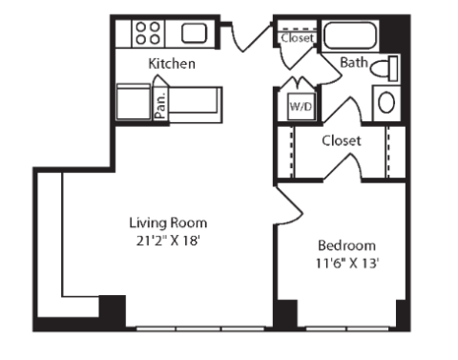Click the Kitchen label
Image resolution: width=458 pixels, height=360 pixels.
click(172, 64)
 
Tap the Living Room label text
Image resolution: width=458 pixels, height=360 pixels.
click(168, 222)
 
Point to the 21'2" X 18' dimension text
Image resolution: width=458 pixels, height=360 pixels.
click(168, 241)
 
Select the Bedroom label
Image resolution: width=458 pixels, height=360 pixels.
click(346, 245)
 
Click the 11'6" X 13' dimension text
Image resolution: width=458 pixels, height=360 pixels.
click(346, 264)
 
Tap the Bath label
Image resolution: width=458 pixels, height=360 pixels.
click(354, 62)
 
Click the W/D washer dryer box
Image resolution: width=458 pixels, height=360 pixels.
click(301, 107)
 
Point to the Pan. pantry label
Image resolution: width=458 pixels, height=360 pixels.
click(161, 105)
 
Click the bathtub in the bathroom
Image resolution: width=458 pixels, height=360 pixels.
click(350, 35)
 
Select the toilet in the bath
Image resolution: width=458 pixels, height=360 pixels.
click(385, 68)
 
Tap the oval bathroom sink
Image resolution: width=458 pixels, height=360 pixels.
click(386, 102)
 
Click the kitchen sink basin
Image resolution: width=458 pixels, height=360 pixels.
click(194, 33)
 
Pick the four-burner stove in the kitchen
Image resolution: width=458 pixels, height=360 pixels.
click(148, 33)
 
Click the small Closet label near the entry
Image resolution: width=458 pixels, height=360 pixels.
click(297, 38)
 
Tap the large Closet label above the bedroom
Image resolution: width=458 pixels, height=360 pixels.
click(342, 140)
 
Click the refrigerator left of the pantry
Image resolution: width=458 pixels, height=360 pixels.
click(134, 102)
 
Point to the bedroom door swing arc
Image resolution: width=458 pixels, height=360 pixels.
click(289, 206)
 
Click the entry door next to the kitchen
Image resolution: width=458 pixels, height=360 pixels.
click(251, 37)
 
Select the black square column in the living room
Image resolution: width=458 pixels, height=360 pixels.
click(113, 310)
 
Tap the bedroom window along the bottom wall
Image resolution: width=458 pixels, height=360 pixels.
click(347, 328)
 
